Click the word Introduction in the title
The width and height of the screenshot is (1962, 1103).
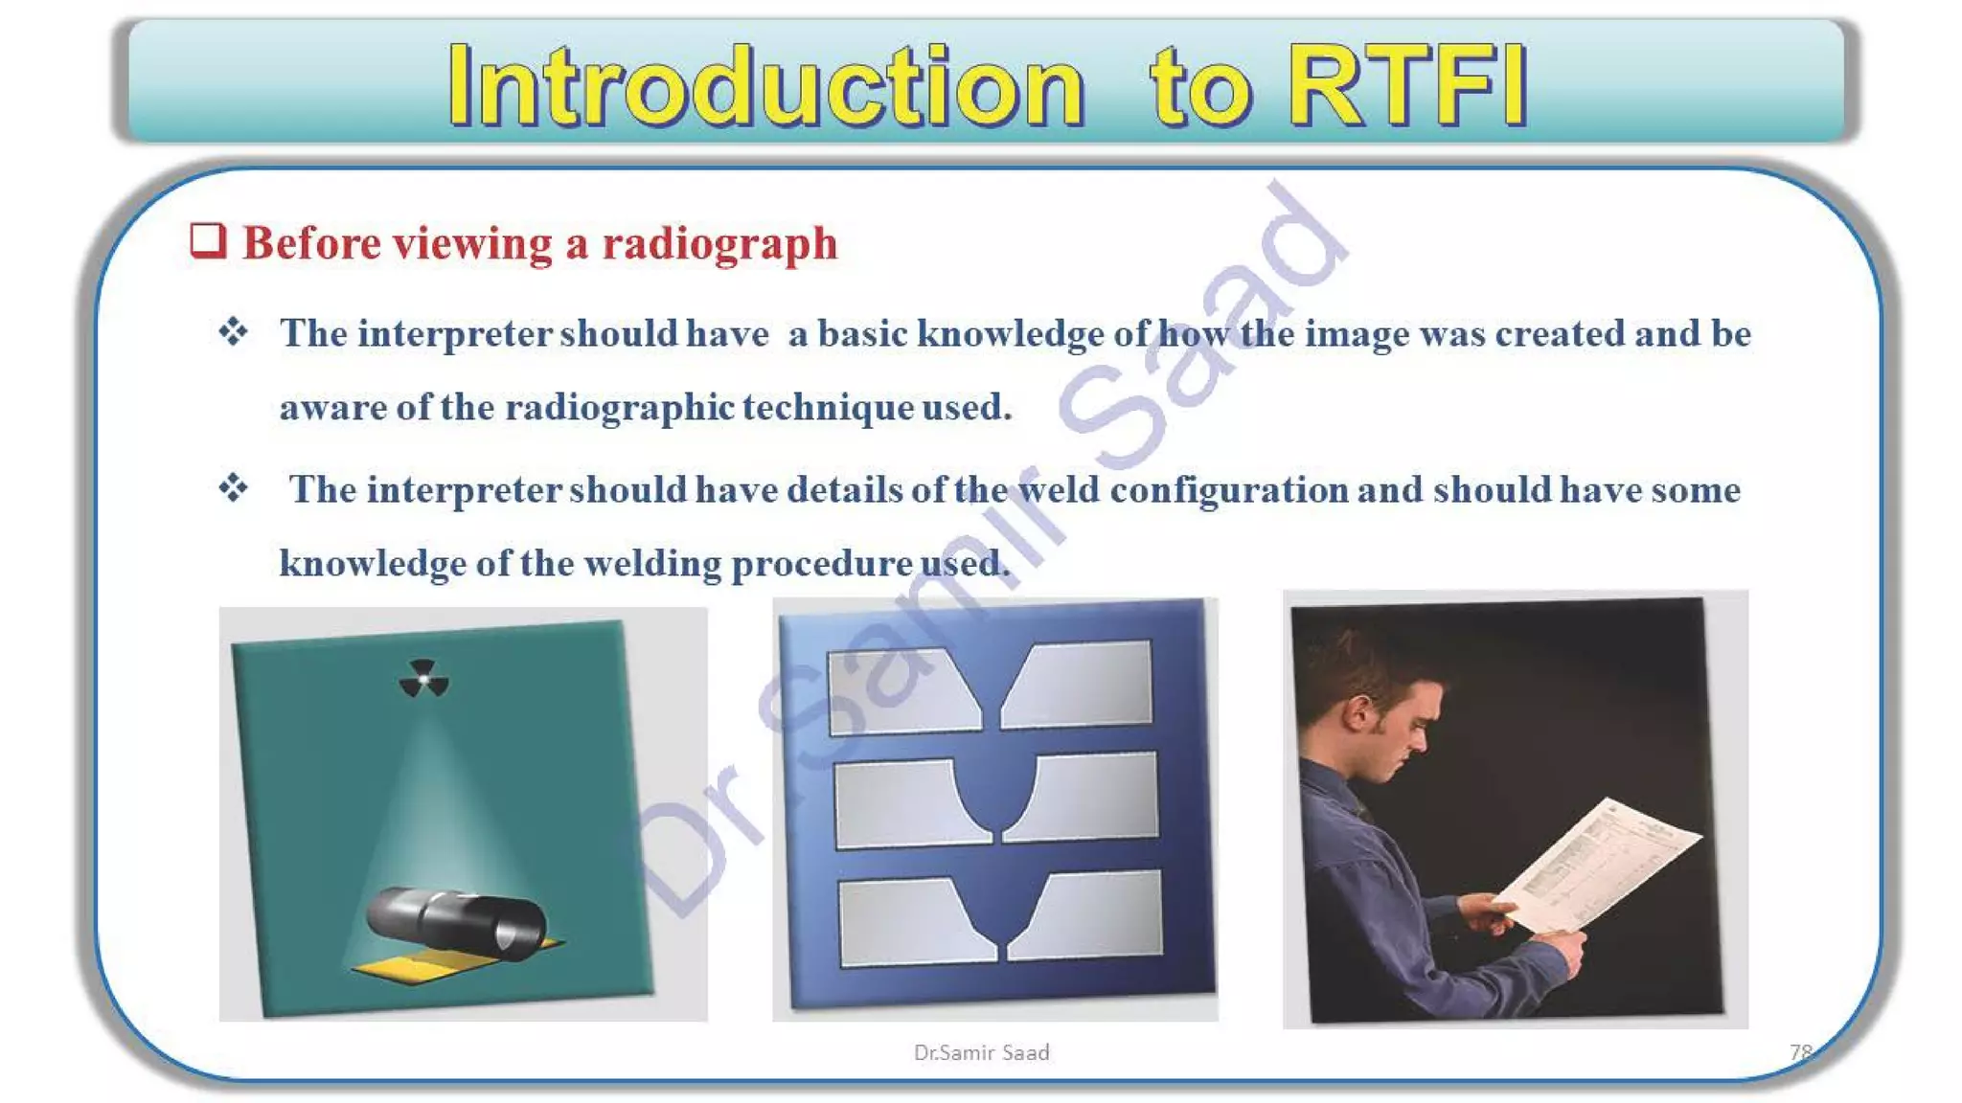pyautogui.click(x=766, y=86)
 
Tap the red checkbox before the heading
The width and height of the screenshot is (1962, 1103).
pyautogui.click(x=208, y=240)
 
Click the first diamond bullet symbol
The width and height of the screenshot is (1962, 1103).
pyautogui.click(x=233, y=332)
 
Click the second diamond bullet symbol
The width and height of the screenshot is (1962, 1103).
pyautogui.click(x=233, y=488)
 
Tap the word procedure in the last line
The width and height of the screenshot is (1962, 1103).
pyautogui.click(x=821, y=564)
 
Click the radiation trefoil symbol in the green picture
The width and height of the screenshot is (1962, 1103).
pyautogui.click(x=423, y=679)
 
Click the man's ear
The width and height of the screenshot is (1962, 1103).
pyautogui.click(x=1357, y=711)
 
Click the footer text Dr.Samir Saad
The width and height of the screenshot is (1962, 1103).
pyautogui.click(x=981, y=1052)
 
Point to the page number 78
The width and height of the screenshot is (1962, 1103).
pyautogui.click(x=1800, y=1052)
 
